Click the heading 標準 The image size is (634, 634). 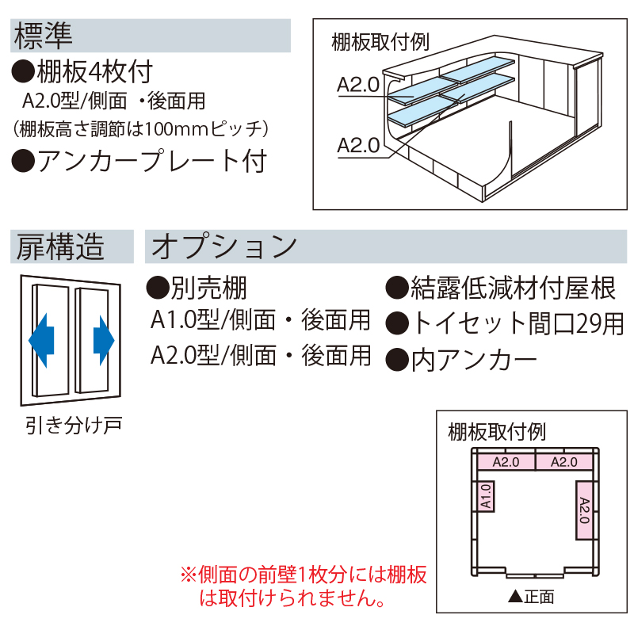tap(44, 33)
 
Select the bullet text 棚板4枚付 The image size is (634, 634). tap(82, 73)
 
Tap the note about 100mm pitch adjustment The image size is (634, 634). tap(143, 128)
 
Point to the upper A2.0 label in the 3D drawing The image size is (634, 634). tap(357, 85)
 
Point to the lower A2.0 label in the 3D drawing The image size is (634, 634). tap(357, 145)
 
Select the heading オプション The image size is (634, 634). tap(223, 246)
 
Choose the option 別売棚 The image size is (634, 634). tap(197, 287)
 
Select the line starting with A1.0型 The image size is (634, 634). tap(261, 320)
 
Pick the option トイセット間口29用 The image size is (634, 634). tap(505, 323)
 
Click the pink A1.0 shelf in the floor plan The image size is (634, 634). tap(486, 497)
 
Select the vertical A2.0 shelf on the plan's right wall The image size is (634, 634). tap(583, 510)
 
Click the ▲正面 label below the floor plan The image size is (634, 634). tap(530, 597)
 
